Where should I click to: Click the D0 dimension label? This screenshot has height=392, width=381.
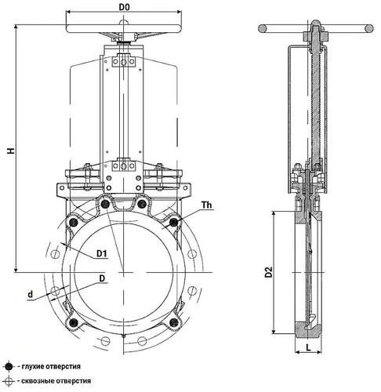124,7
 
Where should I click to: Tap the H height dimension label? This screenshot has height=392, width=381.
11,151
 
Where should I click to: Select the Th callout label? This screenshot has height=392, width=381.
206,205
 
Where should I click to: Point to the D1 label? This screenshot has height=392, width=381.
102,253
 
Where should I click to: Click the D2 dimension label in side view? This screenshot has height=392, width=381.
269,272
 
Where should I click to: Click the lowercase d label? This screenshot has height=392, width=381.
31,295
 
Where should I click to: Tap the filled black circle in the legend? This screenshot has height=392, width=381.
9,367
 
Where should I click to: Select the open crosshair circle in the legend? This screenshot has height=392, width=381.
9,381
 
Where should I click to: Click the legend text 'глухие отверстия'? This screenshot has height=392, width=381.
51,366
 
